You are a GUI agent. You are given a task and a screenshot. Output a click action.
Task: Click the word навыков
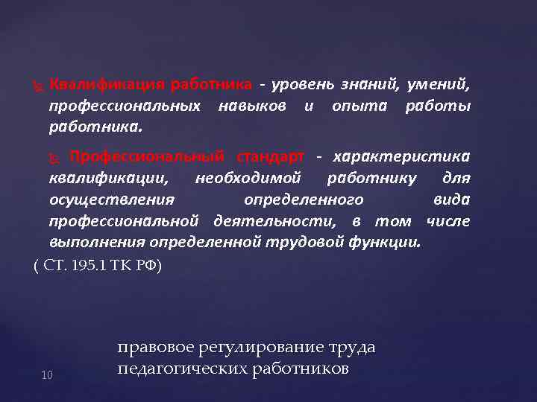click(253, 106)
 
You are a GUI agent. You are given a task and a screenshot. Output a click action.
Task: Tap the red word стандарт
click(271, 156)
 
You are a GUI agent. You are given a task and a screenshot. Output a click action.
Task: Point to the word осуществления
click(112, 200)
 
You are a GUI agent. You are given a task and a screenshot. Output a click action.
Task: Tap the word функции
click(395, 242)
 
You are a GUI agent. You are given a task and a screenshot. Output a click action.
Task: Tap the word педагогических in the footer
click(175, 368)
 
